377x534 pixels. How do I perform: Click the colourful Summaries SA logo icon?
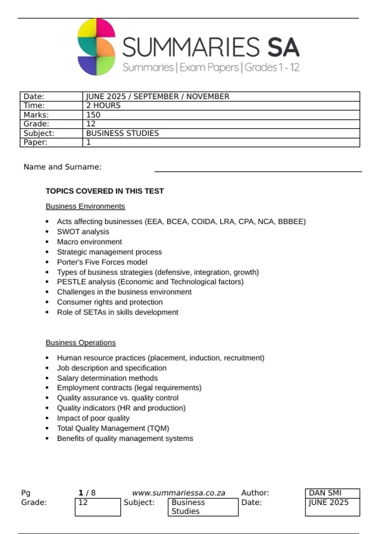(x=96, y=47)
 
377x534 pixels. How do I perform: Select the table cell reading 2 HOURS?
(x=103, y=106)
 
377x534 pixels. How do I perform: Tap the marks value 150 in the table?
(x=93, y=115)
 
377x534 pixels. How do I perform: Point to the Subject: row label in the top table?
(x=39, y=133)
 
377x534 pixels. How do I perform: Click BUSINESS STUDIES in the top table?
(x=123, y=133)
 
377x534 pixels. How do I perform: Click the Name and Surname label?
(x=63, y=167)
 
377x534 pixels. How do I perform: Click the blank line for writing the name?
(x=258, y=170)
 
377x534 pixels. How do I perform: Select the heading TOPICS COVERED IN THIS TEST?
(x=105, y=191)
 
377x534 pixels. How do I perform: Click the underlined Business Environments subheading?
(x=85, y=206)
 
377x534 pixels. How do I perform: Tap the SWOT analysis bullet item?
(x=83, y=232)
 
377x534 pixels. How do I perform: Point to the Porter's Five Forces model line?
(x=102, y=262)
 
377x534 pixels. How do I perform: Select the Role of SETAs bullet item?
(x=117, y=312)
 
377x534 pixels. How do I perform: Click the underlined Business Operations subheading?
(x=81, y=343)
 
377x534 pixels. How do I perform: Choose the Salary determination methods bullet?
(x=107, y=378)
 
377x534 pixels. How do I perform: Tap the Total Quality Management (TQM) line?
(x=113, y=428)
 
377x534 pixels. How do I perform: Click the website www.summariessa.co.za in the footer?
(x=178, y=493)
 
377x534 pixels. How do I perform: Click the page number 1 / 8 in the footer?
(x=87, y=493)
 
